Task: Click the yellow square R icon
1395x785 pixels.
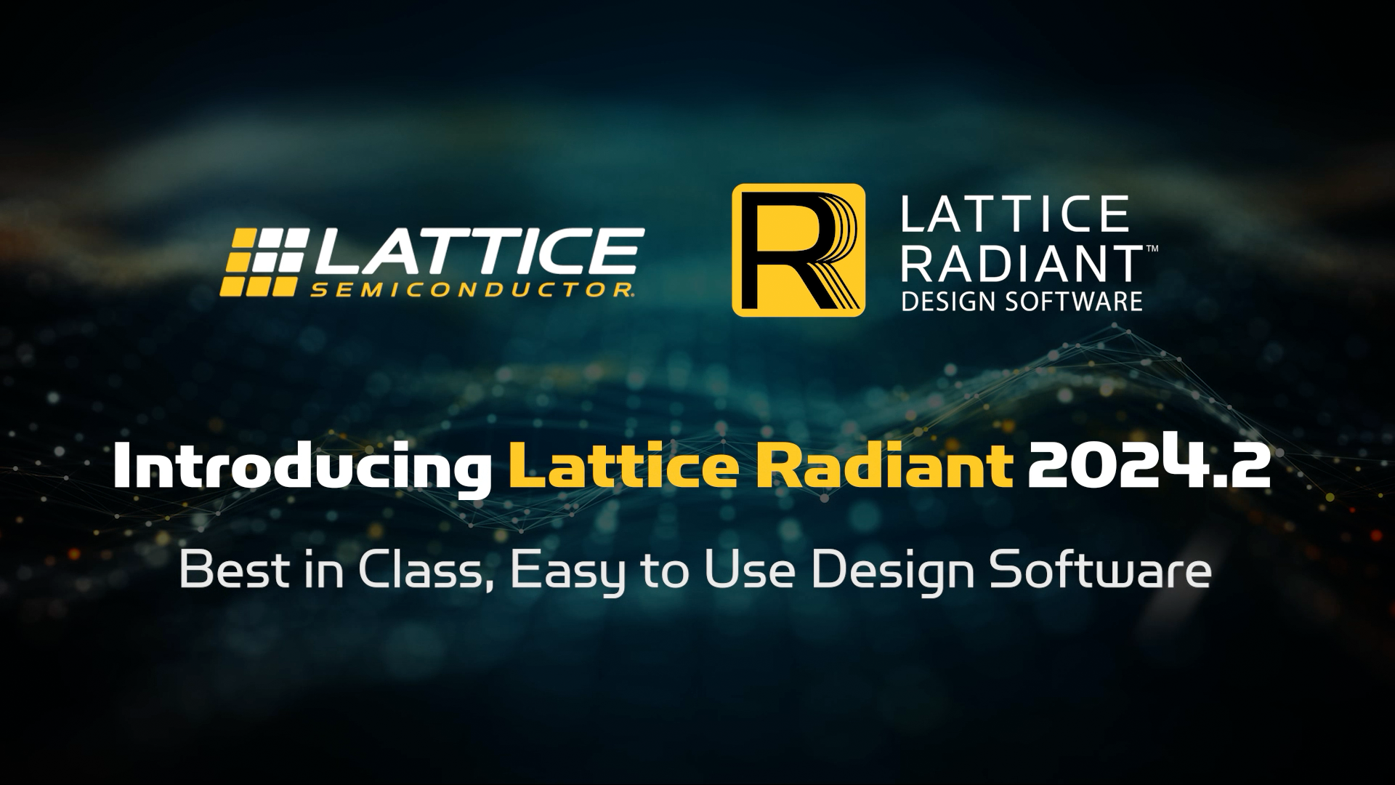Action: point(798,250)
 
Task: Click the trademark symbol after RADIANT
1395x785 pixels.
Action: point(1152,249)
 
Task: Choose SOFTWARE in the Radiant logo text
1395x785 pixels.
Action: point(1073,301)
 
